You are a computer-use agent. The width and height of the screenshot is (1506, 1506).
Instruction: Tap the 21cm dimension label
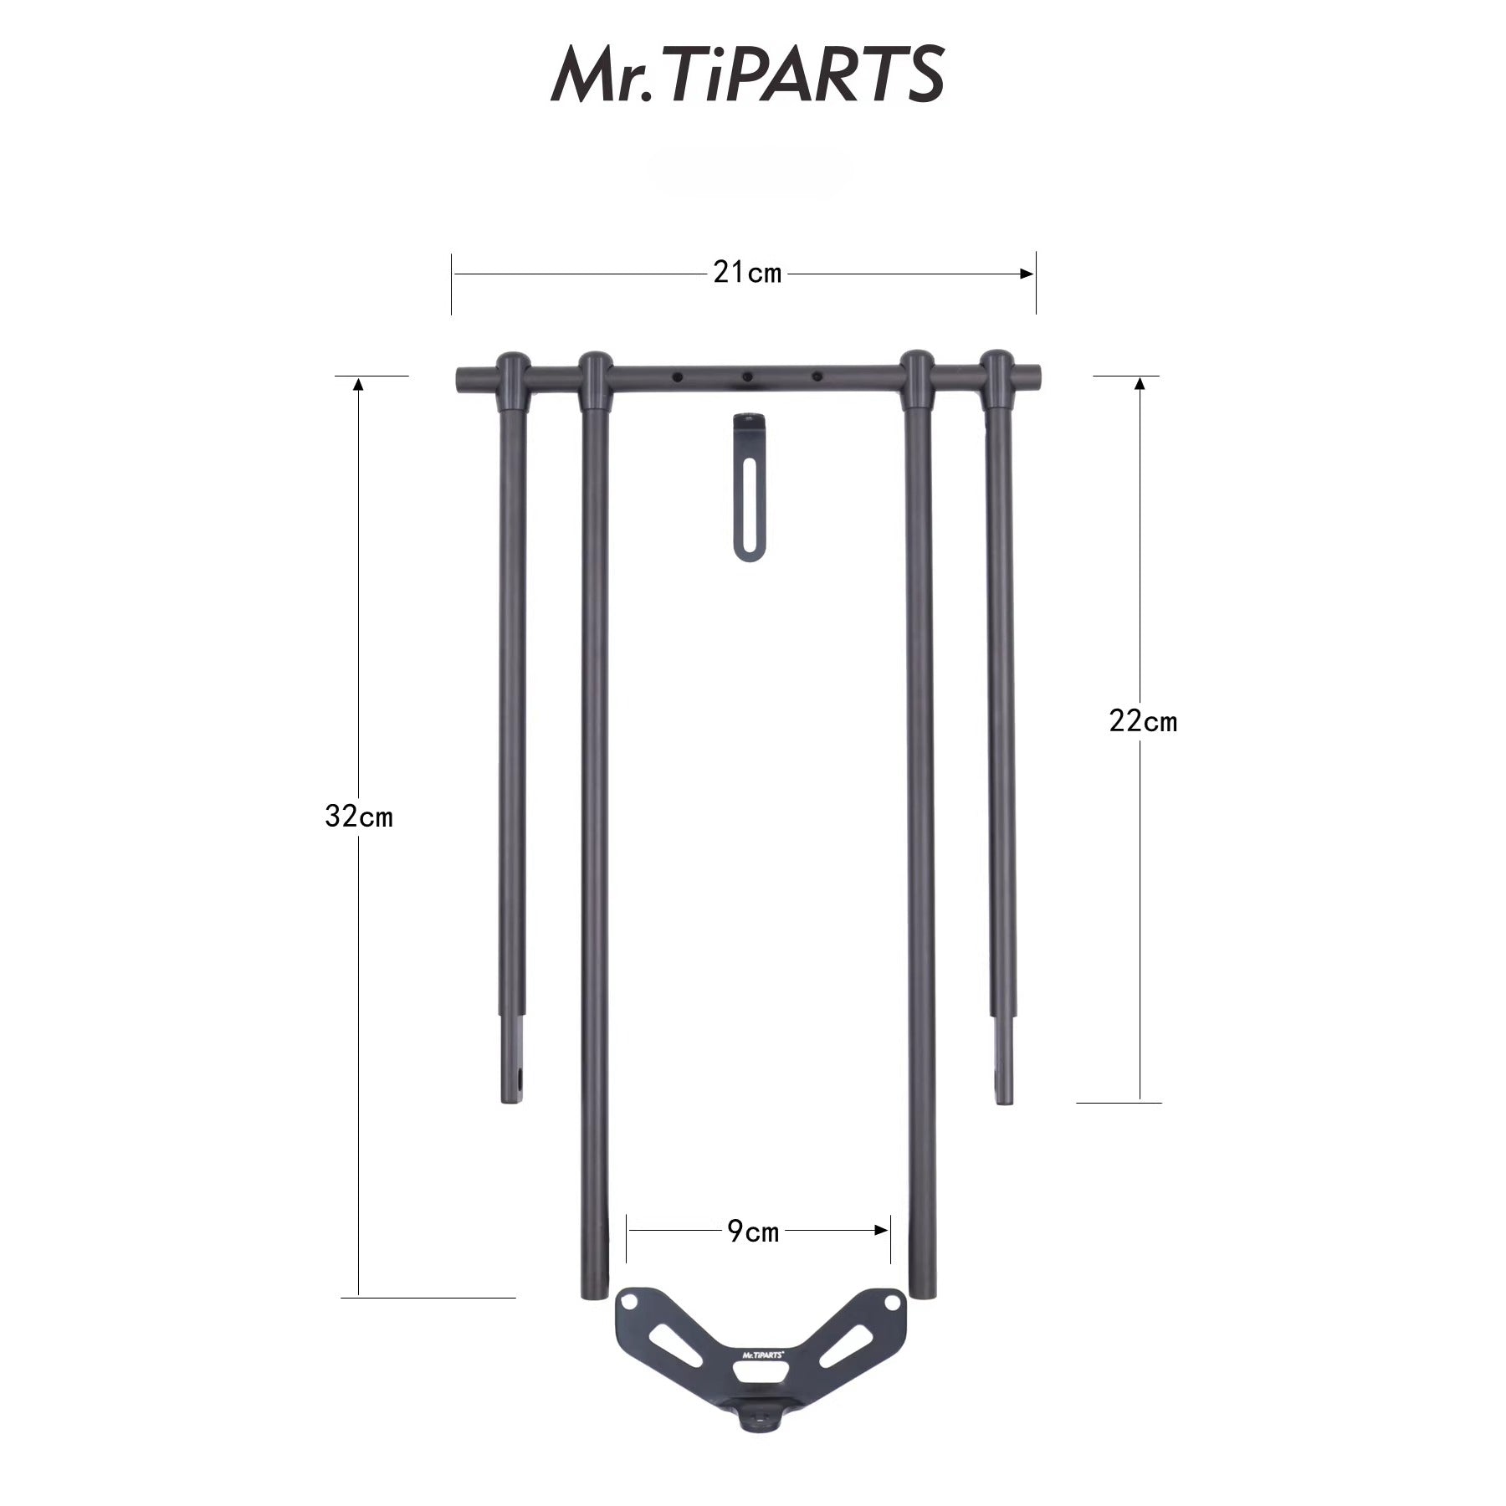coord(747,273)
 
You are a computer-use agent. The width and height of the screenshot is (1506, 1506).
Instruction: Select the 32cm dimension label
coord(359,816)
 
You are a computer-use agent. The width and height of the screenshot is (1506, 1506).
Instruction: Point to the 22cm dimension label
coord(1143,720)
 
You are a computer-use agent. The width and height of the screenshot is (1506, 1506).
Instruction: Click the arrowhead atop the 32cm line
coord(359,384)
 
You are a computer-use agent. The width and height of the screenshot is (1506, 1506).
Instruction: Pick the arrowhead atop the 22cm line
coord(1139,384)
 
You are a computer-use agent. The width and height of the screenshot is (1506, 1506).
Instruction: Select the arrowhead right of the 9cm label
coord(881,1230)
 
